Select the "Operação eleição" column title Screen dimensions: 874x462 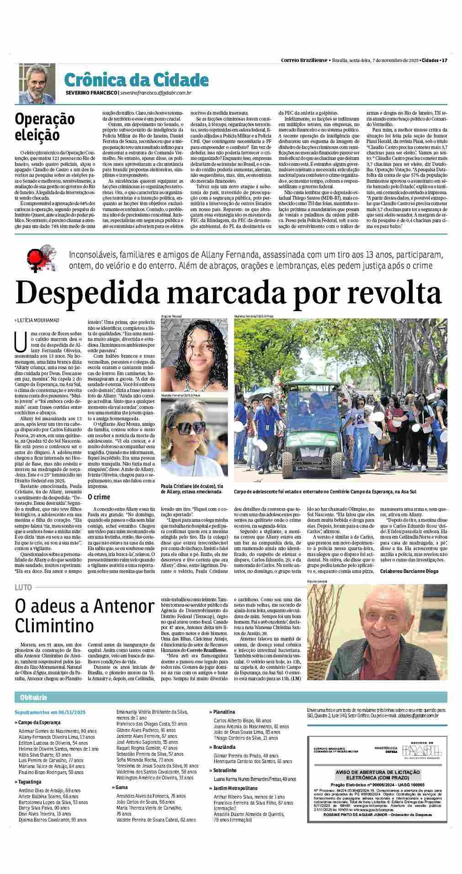coord(44,127)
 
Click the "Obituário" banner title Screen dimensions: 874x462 coord(33,698)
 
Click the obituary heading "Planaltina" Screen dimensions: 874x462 coord(224,712)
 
